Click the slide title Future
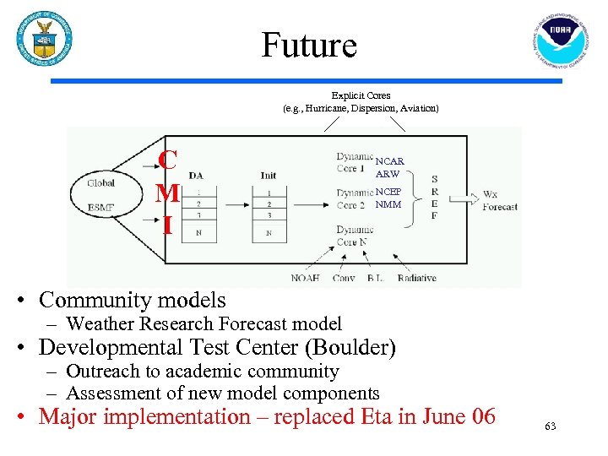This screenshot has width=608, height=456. click(x=309, y=45)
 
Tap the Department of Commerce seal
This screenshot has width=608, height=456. click(x=44, y=39)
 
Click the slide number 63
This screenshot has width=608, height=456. click(x=551, y=426)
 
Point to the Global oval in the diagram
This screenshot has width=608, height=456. click(x=100, y=182)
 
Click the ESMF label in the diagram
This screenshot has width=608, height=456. click(x=101, y=207)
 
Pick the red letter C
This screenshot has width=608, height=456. click(x=168, y=160)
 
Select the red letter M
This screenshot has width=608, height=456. click(x=168, y=193)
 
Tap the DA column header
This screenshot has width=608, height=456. click(x=196, y=176)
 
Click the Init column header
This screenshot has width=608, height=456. click(x=268, y=176)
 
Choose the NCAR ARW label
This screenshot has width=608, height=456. click(x=389, y=167)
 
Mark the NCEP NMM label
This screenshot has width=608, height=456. click(x=388, y=198)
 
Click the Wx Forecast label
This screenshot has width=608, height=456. click(x=499, y=200)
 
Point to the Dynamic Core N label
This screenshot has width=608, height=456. click(x=355, y=236)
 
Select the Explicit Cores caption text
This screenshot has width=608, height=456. click(x=361, y=95)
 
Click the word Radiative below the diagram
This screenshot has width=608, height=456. click(x=416, y=278)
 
